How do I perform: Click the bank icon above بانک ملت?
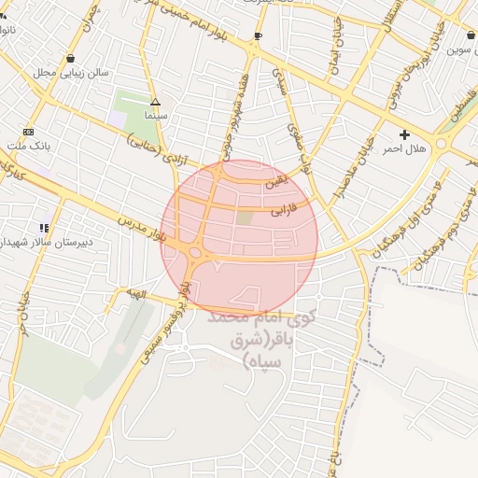(x=28, y=132)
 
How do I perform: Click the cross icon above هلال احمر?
(x=404, y=135)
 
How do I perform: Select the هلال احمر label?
(x=404, y=148)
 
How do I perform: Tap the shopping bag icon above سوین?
(x=470, y=35)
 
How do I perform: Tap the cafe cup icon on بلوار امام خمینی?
(x=257, y=36)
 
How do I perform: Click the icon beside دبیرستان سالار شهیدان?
(x=43, y=227)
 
